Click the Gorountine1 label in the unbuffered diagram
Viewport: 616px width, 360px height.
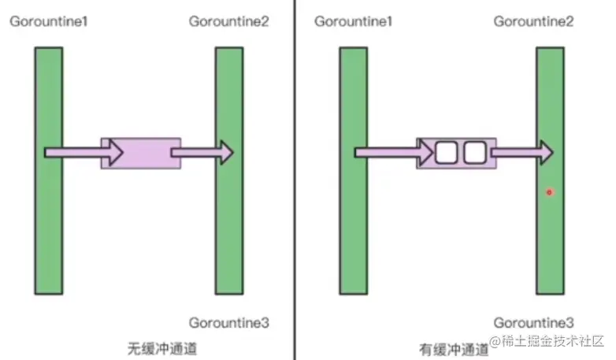48,21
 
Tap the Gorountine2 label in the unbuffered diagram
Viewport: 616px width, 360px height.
229,21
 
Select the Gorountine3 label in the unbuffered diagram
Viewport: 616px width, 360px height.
229,322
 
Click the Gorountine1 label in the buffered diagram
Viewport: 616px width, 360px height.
353,21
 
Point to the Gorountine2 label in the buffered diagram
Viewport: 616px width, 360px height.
533,21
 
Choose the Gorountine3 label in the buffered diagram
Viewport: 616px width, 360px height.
533,322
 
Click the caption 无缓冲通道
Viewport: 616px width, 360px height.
161,347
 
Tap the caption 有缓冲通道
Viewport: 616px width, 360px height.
453,347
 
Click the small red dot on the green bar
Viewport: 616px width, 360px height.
549,192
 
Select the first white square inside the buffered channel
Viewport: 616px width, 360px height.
447,153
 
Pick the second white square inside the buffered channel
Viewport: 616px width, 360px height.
476,153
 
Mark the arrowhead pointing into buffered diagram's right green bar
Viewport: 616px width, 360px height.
544,152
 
